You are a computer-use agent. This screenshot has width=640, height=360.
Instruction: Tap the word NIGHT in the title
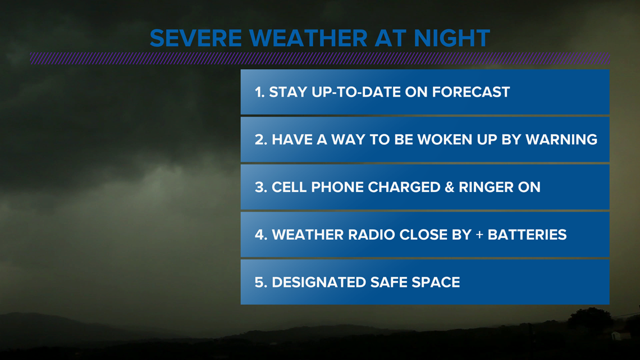point(452,38)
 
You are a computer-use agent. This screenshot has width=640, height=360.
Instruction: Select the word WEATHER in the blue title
point(309,38)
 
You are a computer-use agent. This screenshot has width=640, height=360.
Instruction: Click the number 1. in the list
point(259,92)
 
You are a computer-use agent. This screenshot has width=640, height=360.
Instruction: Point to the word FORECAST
point(471,92)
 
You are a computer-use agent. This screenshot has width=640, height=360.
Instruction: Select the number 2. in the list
point(261,140)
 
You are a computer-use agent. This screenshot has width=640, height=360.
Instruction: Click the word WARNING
point(561,140)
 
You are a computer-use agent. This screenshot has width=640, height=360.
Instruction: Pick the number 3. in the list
point(261,188)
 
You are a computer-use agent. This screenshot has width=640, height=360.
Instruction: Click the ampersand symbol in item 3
point(449,188)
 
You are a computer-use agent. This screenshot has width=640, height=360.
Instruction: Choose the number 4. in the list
point(261,235)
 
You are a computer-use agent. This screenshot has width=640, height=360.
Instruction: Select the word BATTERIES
point(527,235)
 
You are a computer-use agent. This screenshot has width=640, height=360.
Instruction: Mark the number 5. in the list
point(261,282)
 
